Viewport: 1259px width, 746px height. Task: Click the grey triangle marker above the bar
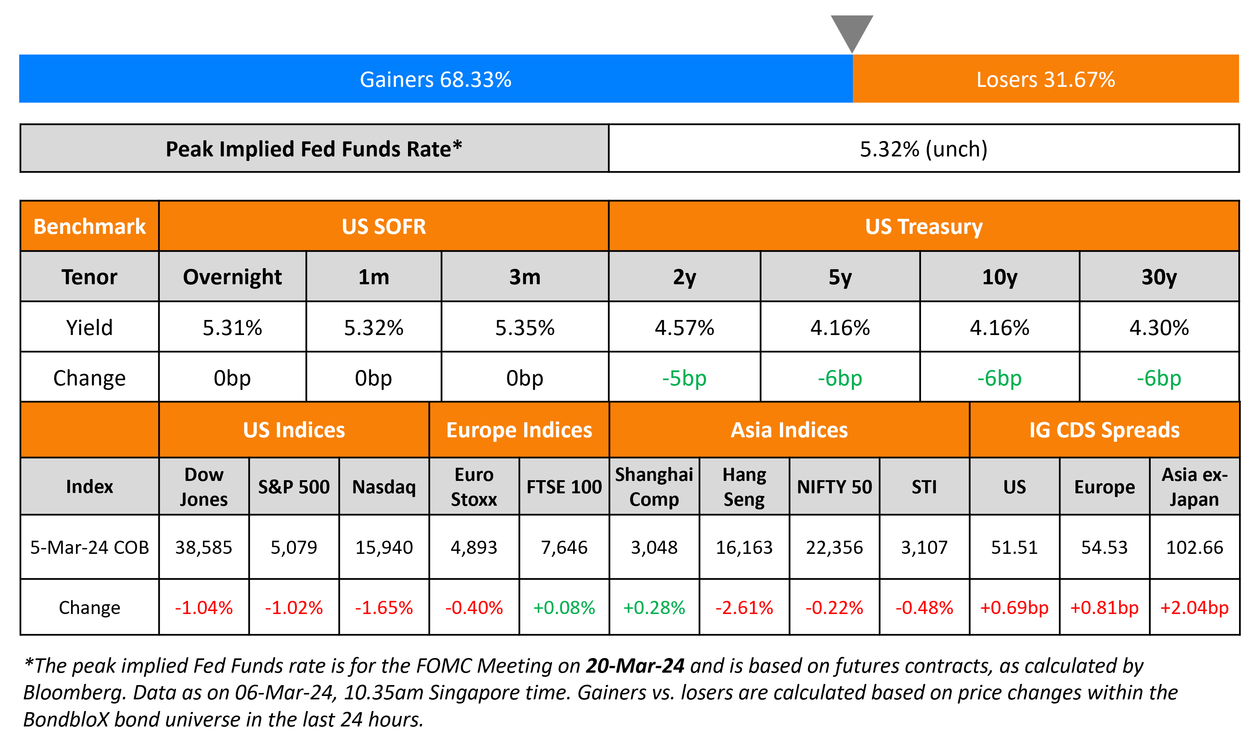coord(851,30)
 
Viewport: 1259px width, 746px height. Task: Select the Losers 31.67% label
coord(1045,79)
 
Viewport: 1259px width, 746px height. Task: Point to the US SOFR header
coord(384,226)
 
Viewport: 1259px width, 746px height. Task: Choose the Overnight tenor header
coord(232,277)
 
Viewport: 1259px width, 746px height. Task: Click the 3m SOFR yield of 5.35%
coord(525,328)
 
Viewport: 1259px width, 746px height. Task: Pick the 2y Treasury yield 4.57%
coord(684,328)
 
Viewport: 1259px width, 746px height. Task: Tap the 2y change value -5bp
coord(684,378)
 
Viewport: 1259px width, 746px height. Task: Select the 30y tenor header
coord(1159,277)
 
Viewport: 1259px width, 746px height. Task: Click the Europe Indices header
coord(519,430)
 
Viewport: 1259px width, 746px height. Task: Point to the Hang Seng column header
coord(744,487)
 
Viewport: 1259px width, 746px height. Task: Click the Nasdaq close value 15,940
coord(384,547)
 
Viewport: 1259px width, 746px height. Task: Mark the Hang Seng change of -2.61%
coord(744,608)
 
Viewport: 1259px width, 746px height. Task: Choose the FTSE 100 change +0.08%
coord(564,608)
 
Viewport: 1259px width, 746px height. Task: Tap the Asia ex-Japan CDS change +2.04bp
coord(1194,608)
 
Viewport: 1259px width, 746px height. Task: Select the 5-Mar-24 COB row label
coord(89,547)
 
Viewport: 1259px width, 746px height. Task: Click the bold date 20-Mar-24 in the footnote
coord(635,666)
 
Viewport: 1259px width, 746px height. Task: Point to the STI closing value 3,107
coord(924,547)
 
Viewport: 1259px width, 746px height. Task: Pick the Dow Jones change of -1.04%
coord(203,608)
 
